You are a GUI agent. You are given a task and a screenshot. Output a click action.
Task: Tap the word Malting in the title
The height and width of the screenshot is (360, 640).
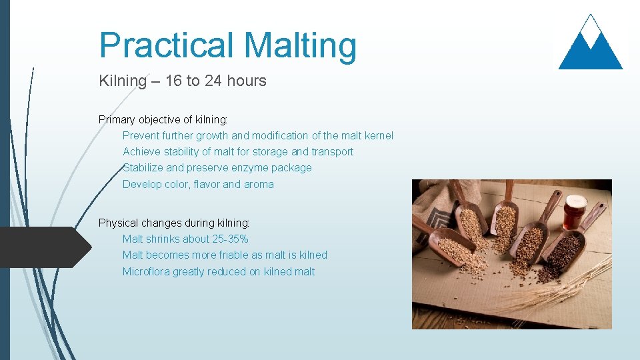click(300, 45)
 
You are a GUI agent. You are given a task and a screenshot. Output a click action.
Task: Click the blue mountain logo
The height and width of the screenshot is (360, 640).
click(590, 45)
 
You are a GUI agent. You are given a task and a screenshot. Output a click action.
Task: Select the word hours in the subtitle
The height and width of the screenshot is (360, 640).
click(245, 81)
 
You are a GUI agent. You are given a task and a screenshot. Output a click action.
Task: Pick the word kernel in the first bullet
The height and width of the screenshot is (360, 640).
click(377, 136)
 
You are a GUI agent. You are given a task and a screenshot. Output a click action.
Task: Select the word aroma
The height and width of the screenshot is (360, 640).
click(258, 185)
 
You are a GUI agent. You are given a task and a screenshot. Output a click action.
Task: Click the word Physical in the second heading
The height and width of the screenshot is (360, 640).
click(119, 223)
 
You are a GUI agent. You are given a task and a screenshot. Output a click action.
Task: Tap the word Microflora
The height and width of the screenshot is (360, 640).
click(146, 272)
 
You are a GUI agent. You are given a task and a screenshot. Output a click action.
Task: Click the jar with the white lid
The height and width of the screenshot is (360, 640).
click(574, 212)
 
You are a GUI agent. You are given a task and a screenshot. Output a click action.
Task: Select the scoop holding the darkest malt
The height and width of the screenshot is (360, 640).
click(560, 253)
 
